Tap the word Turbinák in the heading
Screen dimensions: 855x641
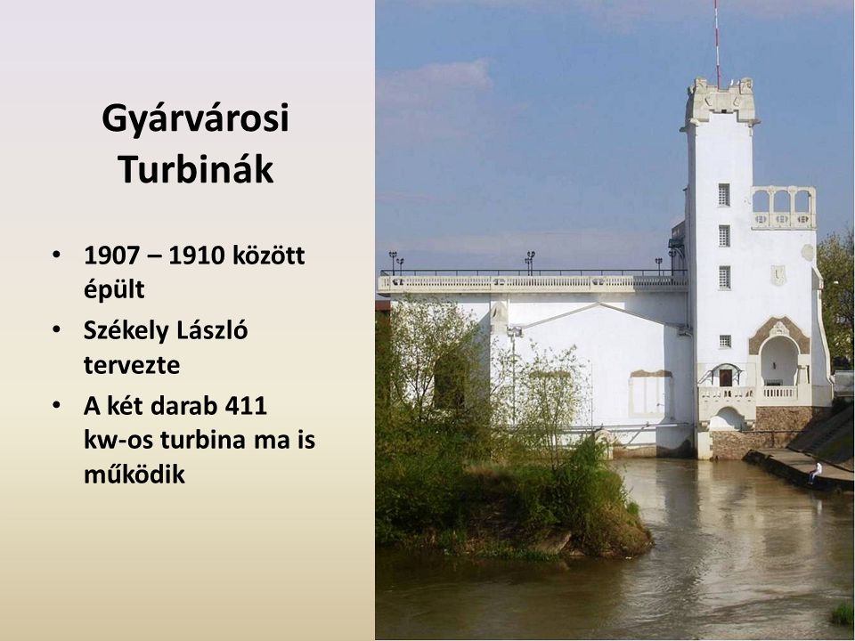196,169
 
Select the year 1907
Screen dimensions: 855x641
112,256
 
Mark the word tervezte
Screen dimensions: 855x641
132,365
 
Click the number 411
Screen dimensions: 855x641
246,406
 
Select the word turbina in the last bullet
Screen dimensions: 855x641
203,439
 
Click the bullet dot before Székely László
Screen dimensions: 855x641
56,329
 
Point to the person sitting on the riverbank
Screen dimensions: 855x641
815,472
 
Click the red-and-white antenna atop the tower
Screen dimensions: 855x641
717,44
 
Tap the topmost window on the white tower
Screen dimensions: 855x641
723,195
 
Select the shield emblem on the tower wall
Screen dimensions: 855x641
778,275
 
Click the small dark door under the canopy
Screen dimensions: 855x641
725,377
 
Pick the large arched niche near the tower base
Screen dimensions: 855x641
778,361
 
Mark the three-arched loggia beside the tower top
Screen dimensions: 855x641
783,207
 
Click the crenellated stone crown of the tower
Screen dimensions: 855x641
721,101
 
